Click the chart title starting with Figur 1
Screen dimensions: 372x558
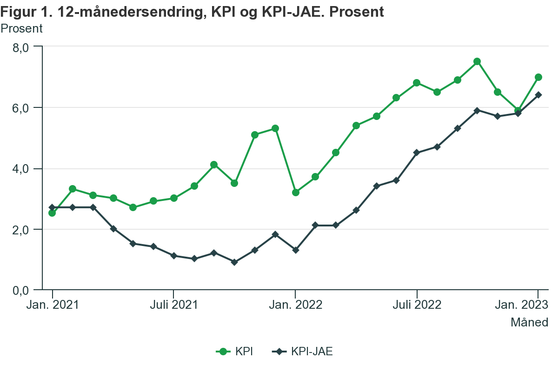pyautogui.click(x=192, y=12)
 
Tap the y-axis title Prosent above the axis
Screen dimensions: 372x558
pyautogui.click(x=21, y=28)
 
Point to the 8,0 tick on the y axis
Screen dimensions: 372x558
pyautogui.click(x=20, y=47)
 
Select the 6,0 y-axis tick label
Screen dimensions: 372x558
pyautogui.click(x=20, y=108)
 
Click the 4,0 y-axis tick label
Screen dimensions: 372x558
pyautogui.click(x=20, y=169)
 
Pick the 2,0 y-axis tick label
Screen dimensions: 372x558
pyautogui.click(x=20, y=230)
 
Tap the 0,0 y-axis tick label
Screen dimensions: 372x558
pyautogui.click(x=20, y=291)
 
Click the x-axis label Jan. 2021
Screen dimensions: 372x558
pyautogui.click(x=52, y=305)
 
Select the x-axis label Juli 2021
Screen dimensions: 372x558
pyautogui.click(x=173, y=305)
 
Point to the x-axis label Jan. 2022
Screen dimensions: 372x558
pyautogui.click(x=295, y=305)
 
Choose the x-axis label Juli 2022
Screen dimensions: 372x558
pyautogui.click(x=417, y=305)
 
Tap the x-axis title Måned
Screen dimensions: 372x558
pyautogui.click(x=529, y=322)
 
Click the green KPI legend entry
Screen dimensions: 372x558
pyautogui.click(x=235, y=352)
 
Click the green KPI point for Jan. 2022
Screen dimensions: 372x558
pyautogui.click(x=295, y=192)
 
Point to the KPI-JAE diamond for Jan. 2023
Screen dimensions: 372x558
pyautogui.click(x=538, y=95)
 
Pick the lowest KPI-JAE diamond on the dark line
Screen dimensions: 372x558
pyautogui.click(x=234, y=262)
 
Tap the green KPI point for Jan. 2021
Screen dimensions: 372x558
pyautogui.click(x=52, y=213)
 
